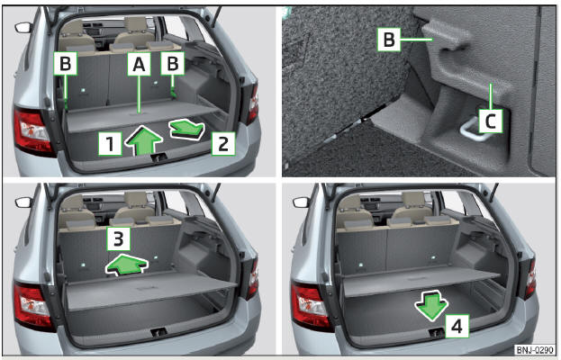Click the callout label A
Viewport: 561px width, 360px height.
[140, 64]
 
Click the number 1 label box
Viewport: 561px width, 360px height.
[110, 144]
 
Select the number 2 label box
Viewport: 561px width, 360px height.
[223, 144]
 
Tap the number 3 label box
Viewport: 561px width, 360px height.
[119, 238]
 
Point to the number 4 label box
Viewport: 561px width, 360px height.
[457, 326]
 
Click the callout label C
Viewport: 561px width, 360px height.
[490, 121]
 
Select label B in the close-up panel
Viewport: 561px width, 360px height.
[389, 40]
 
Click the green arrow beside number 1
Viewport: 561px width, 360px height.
[144, 139]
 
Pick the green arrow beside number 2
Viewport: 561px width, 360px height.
[186, 129]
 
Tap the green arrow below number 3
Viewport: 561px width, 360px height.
[126, 265]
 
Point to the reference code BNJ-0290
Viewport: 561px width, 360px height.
[535, 349]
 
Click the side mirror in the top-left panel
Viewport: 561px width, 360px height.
[23, 28]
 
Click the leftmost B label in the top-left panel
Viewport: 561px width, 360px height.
[66, 64]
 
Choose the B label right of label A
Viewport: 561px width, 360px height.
[173, 64]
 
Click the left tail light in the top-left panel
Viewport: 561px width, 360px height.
[33, 131]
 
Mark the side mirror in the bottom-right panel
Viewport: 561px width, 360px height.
[302, 202]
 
